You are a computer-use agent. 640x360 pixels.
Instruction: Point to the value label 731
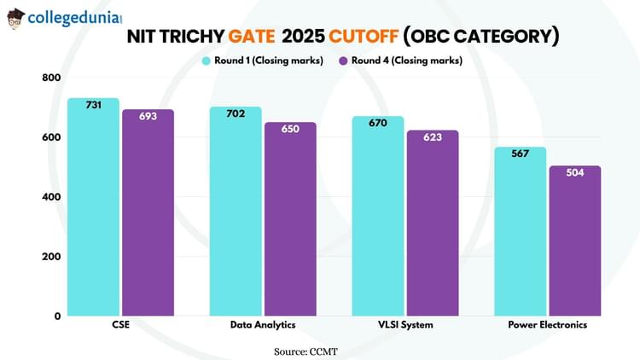[x=94, y=105]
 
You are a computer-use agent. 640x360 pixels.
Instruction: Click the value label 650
[x=290, y=129]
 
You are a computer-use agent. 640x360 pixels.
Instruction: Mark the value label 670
[x=378, y=123]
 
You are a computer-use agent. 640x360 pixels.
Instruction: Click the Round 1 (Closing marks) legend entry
[x=261, y=60]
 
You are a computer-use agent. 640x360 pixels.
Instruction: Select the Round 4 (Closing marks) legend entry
[x=400, y=60]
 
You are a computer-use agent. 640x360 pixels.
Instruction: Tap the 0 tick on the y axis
[x=57, y=316]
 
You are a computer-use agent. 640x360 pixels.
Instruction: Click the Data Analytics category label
[x=263, y=325]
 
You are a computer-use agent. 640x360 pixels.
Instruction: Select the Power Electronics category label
[x=547, y=325]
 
